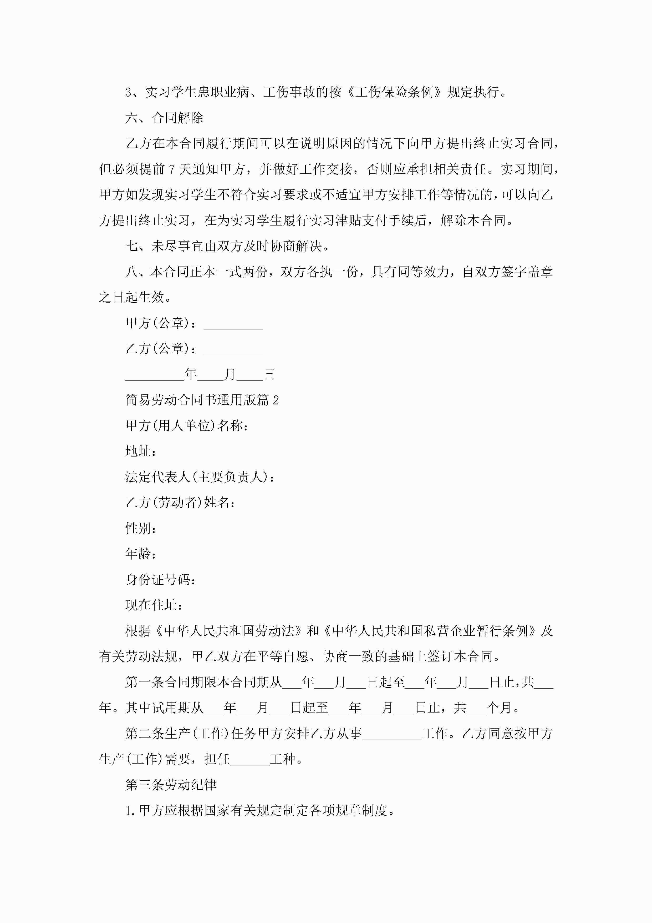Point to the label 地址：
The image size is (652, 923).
(x=141, y=452)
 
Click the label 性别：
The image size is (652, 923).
(x=141, y=528)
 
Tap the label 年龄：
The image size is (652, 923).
(x=141, y=554)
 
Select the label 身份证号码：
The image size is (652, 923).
(x=161, y=580)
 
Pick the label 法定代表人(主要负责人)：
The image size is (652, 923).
(x=200, y=477)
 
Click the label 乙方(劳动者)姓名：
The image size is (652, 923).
(x=180, y=503)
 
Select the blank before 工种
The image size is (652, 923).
(x=249, y=759)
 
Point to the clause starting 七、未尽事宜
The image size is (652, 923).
(x=228, y=246)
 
